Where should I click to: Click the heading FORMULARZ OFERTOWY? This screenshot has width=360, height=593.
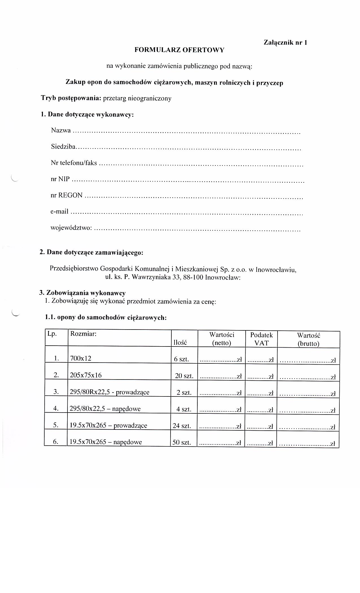(179, 50)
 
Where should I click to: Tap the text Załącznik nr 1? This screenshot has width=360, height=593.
(285, 43)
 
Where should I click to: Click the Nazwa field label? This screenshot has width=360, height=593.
(61, 130)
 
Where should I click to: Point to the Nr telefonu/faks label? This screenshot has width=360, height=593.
(74, 163)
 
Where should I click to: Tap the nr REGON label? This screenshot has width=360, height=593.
(67, 195)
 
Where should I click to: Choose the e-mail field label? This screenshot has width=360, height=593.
(59, 212)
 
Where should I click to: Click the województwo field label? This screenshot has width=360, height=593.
(71, 228)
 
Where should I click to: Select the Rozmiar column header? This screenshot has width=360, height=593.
(83, 334)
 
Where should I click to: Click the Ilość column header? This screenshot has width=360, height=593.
(180, 343)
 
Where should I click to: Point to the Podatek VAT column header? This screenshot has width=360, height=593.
(261, 339)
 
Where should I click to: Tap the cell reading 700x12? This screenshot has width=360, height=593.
(81, 358)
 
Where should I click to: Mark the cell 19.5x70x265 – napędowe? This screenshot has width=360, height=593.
(106, 442)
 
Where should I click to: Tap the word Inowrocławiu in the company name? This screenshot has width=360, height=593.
(276, 270)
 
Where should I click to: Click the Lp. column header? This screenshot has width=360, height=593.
(52, 334)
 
